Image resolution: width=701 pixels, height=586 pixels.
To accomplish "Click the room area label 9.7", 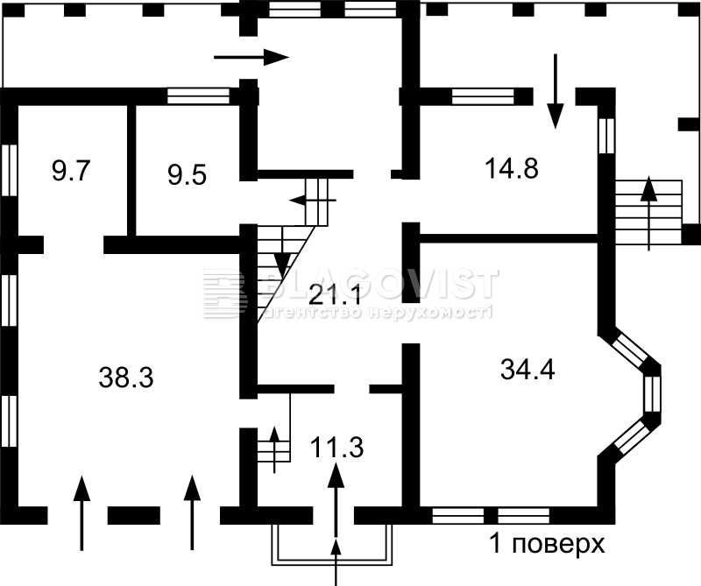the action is point(72,171).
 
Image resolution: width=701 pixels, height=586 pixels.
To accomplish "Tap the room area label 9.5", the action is point(188,175).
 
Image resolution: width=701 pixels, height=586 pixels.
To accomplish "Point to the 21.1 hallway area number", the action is point(336,295).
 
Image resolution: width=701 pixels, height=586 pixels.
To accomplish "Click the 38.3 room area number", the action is point(126,378).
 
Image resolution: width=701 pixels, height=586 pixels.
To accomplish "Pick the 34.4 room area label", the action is point(528,371).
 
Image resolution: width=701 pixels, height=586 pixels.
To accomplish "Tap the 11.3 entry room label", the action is point(336,448).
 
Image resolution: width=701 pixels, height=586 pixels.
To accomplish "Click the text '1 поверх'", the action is point(548,544).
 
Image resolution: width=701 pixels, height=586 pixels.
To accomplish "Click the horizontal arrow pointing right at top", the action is point(251,57).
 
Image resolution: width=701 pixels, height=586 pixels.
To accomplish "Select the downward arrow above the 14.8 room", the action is point(556,91).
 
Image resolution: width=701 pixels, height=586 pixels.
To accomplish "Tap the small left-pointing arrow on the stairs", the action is point(313,201).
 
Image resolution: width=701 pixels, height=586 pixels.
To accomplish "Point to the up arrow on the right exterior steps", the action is point(649,213).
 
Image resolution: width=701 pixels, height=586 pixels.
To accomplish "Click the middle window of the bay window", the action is point(651,394).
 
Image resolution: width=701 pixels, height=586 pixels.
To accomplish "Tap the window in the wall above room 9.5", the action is point(198,96).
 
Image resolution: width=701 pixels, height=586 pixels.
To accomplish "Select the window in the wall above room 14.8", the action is point(483,96).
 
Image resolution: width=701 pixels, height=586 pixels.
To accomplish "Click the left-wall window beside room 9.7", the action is point(10,170).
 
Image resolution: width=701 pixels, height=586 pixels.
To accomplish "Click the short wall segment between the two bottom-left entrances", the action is point(134,515).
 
